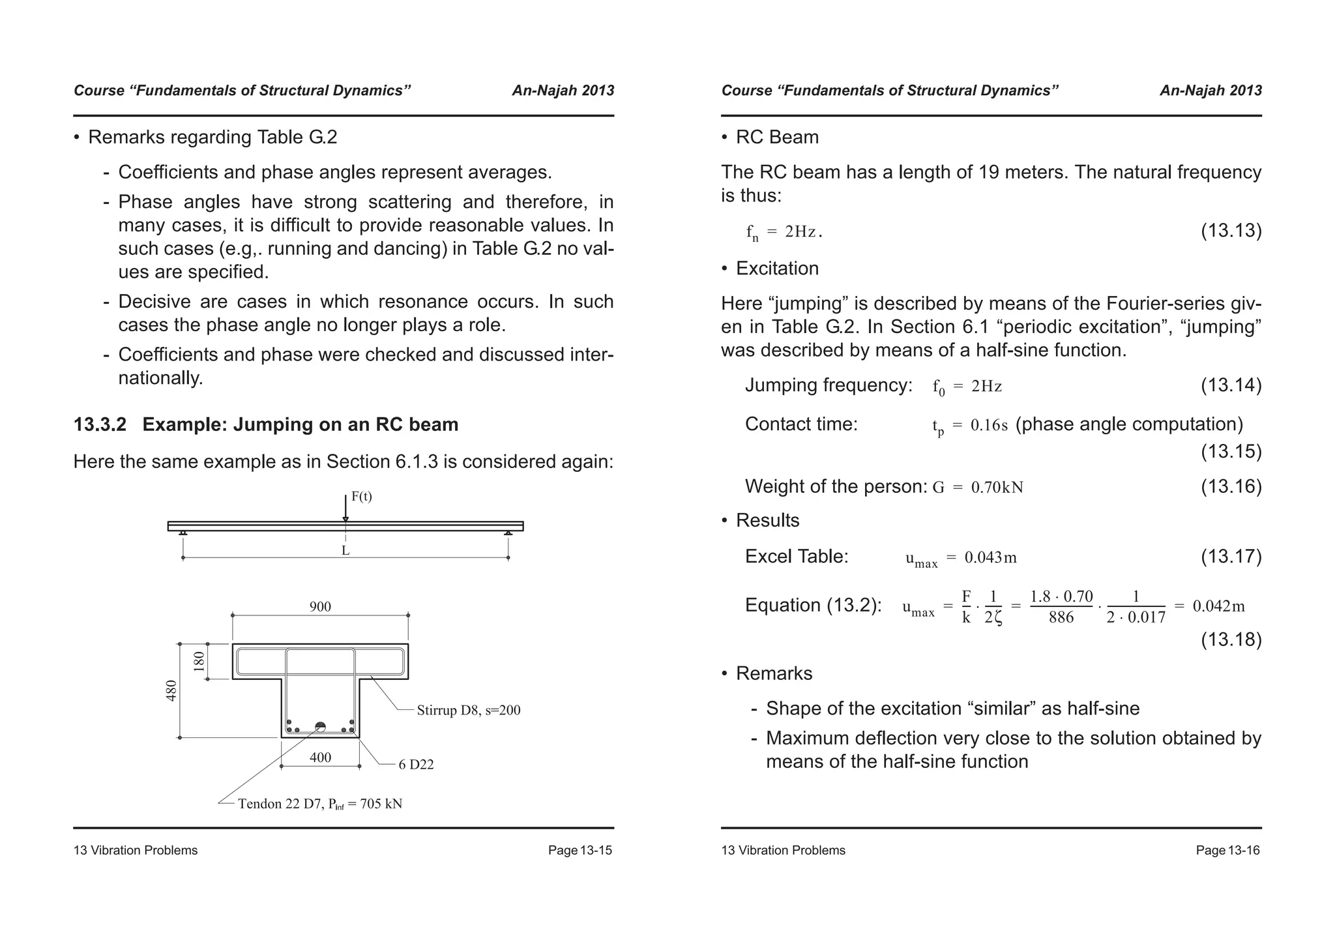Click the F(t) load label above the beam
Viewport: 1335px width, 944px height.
pyautogui.click(x=361, y=497)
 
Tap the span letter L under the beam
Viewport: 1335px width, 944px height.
pyautogui.click(x=345, y=550)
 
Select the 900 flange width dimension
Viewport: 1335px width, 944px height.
pyautogui.click(x=320, y=607)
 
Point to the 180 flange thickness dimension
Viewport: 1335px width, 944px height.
pyautogui.click(x=199, y=661)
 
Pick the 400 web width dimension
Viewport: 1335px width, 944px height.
pyautogui.click(x=320, y=758)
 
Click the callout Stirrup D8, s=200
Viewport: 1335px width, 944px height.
pyautogui.click(x=468, y=711)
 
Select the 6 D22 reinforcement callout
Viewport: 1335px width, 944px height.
pyautogui.click(x=416, y=765)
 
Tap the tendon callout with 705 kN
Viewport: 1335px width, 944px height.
pyautogui.click(x=319, y=804)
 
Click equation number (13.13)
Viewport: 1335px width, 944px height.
pyautogui.click(x=1231, y=231)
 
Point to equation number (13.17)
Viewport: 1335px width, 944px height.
pyautogui.click(x=1231, y=556)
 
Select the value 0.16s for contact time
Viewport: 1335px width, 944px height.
pyautogui.click(x=989, y=426)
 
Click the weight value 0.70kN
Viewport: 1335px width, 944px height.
pyautogui.click(x=997, y=488)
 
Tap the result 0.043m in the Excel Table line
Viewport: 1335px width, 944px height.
pyautogui.click(x=990, y=557)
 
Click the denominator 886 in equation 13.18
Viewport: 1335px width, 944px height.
pyautogui.click(x=1061, y=617)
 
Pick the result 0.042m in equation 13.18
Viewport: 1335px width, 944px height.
pyautogui.click(x=1218, y=606)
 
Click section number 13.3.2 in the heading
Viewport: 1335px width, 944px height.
pyautogui.click(x=100, y=425)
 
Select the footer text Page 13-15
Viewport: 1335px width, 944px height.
pyautogui.click(x=579, y=850)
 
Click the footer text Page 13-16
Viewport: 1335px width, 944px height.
pyautogui.click(x=1227, y=850)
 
